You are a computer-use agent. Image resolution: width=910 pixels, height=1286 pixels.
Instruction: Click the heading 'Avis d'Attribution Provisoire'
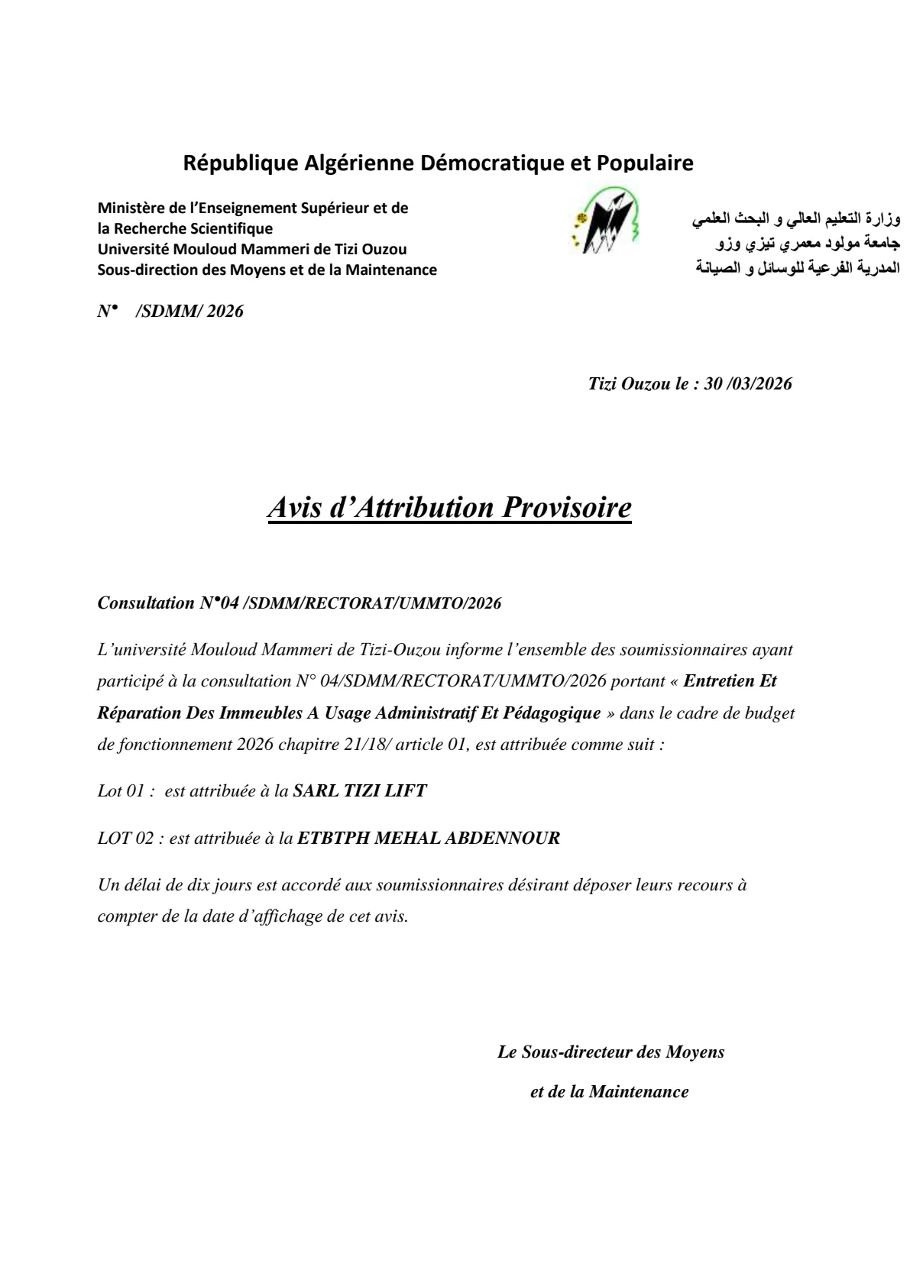pos(449,508)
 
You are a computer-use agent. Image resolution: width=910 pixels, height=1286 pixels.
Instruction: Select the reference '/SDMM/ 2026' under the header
pos(189,311)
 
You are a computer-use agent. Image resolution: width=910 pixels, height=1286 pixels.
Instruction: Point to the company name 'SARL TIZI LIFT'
pos(360,791)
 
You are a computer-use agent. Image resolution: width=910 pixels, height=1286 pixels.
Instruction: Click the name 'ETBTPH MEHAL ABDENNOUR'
pos(428,838)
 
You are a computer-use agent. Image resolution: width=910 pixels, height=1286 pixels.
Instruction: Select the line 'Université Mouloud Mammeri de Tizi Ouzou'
pos(252,249)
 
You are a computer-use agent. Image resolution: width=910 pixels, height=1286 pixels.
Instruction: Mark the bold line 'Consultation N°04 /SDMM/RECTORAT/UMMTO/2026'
pos(300,603)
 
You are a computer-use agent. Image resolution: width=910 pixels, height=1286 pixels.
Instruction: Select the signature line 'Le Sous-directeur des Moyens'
pos(610,1052)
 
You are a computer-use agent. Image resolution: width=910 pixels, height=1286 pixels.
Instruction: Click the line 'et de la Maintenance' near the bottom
pos(609,1091)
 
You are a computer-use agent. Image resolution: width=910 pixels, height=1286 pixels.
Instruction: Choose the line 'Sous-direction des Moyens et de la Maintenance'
pos(267,270)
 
